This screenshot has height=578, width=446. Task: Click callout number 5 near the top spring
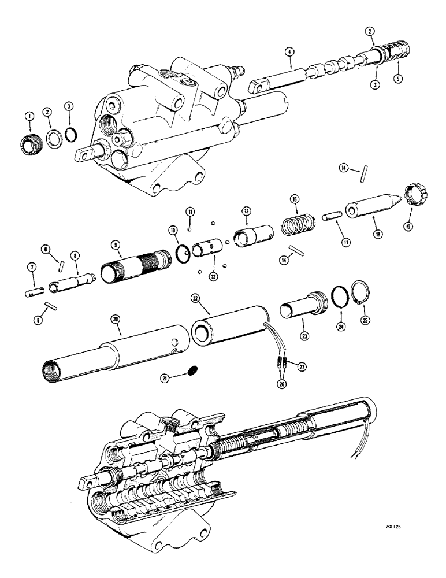click(x=397, y=78)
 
